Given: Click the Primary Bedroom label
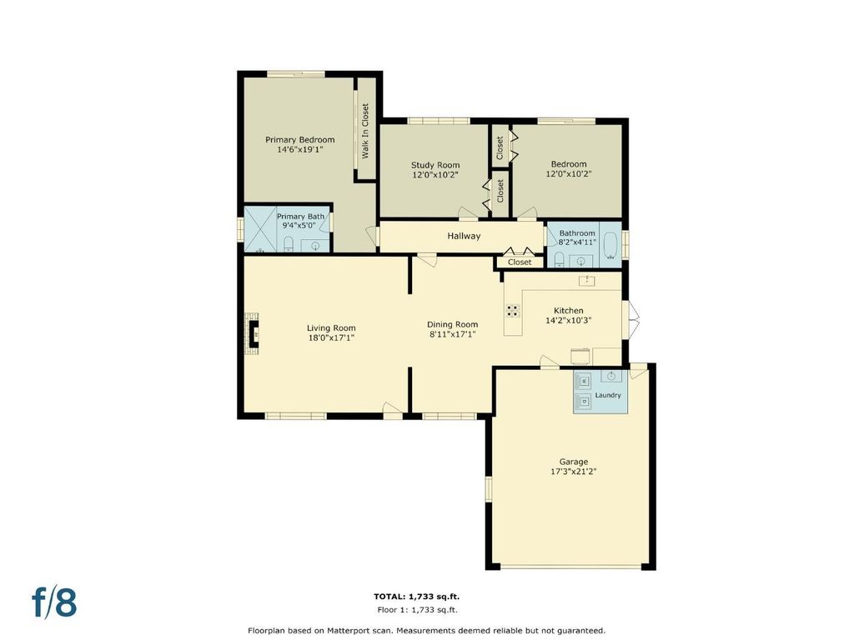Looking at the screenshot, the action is click(x=300, y=140).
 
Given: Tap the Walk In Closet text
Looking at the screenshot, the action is click(x=365, y=131).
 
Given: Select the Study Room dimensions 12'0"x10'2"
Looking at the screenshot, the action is click(x=435, y=175).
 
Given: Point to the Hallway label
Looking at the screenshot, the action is click(x=464, y=236).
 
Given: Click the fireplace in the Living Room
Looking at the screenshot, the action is click(x=252, y=333).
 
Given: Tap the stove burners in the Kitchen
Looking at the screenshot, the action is click(x=513, y=311).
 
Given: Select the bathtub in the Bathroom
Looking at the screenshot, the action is click(x=610, y=246).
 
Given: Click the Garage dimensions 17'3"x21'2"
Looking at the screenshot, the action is click(x=574, y=472).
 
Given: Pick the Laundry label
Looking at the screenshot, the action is click(x=608, y=395).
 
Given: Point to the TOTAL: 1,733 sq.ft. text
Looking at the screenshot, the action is click(x=420, y=597).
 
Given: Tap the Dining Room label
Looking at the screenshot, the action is click(x=452, y=324).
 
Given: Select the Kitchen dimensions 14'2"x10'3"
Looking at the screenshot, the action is click(x=569, y=321).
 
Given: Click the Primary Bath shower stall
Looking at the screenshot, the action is click(x=260, y=229).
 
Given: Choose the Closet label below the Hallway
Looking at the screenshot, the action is click(x=520, y=262).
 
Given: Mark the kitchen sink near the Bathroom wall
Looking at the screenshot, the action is click(x=586, y=281).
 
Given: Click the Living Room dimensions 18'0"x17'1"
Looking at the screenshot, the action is click(x=331, y=337).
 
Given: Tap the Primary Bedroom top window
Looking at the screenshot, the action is click(x=296, y=74).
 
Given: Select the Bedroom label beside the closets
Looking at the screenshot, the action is click(x=569, y=164).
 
